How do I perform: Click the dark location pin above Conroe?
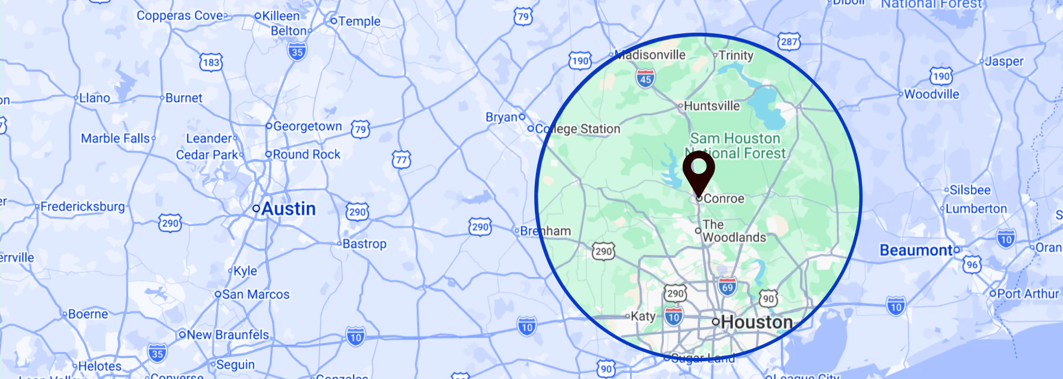pos(699,170)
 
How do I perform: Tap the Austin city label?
pos(288,209)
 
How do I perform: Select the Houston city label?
pos(756,322)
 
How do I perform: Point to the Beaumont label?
pos(916,250)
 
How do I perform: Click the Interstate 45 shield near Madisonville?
pos(645,78)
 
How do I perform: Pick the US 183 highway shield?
pos(211,62)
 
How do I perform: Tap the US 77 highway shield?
pos(401,160)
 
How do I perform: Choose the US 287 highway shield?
pos(789,42)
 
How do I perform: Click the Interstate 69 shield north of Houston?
pos(727,286)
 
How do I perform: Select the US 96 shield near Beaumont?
pos(972,265)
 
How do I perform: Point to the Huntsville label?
pos(711,106)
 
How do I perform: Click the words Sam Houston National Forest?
pos(735,146)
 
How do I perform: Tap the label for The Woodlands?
pos(734,231)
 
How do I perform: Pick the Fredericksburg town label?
pos(82,207)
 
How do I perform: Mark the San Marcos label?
pos(255,295)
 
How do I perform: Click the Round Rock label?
pos(306,155)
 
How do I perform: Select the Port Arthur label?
pos(1028,294)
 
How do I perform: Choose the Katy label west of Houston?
pos(643,316)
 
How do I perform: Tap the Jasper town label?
pos(1004,62)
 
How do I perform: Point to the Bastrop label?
pos(364,244)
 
